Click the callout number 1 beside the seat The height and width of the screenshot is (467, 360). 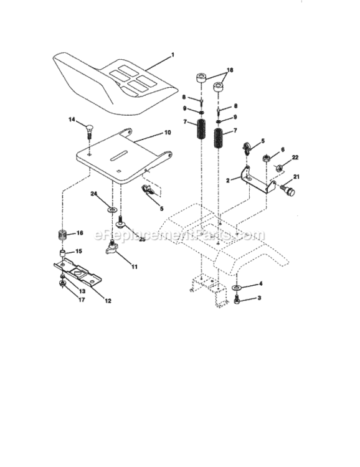tap(173, 55)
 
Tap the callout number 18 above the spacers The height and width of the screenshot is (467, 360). tap(230, 72)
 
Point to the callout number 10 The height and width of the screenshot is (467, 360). tap(167, 133)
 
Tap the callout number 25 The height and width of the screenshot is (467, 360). tap(141, 239)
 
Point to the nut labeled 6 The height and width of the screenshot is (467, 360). tap(265, 158)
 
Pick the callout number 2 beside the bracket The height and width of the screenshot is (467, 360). tap(229, 180)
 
